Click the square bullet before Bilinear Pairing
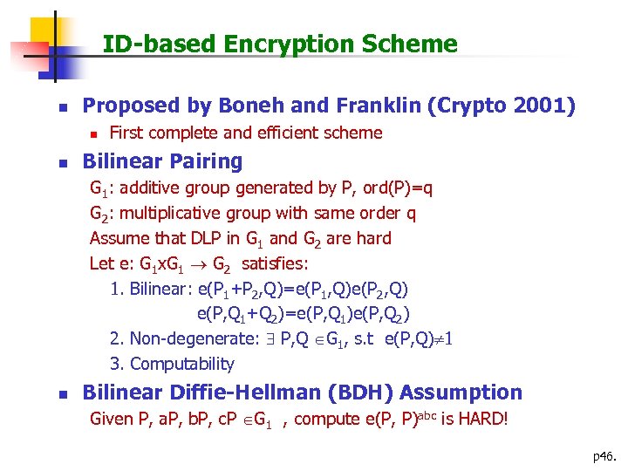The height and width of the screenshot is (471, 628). coord(60,162)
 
